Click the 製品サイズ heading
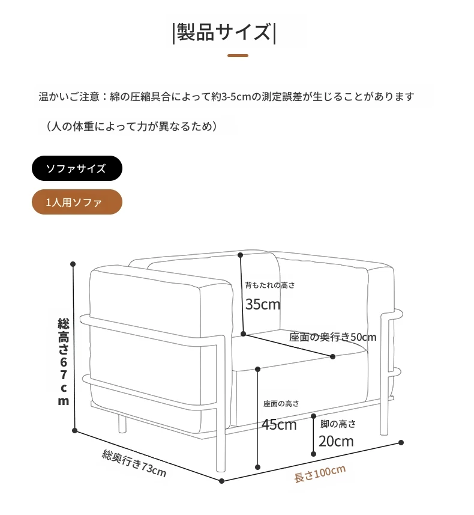(x=224, y=32)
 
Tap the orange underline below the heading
(x=238, y=55)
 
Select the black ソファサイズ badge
(x=77, y=168)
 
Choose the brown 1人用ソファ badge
(x=77, y=202)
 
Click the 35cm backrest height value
(x=263, y=304)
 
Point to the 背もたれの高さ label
(x=269, y=285)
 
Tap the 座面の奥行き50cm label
(x=332, y=337)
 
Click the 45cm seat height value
(x=279, y=424)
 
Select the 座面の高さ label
(x=281, y=403)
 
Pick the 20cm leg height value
(x=336, y=441)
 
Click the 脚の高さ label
(x=338, y=424)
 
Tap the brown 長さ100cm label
(x=320, y=474)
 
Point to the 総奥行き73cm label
(x=134, y=463)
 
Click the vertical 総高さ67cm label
(x=64, y=362)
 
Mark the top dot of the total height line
(x=73, y=264)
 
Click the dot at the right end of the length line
(x=401, y=443)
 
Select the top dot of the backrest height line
(x=241, y=255)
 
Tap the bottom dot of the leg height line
(x=313, y=454)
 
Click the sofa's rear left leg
(x=122, y=423)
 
